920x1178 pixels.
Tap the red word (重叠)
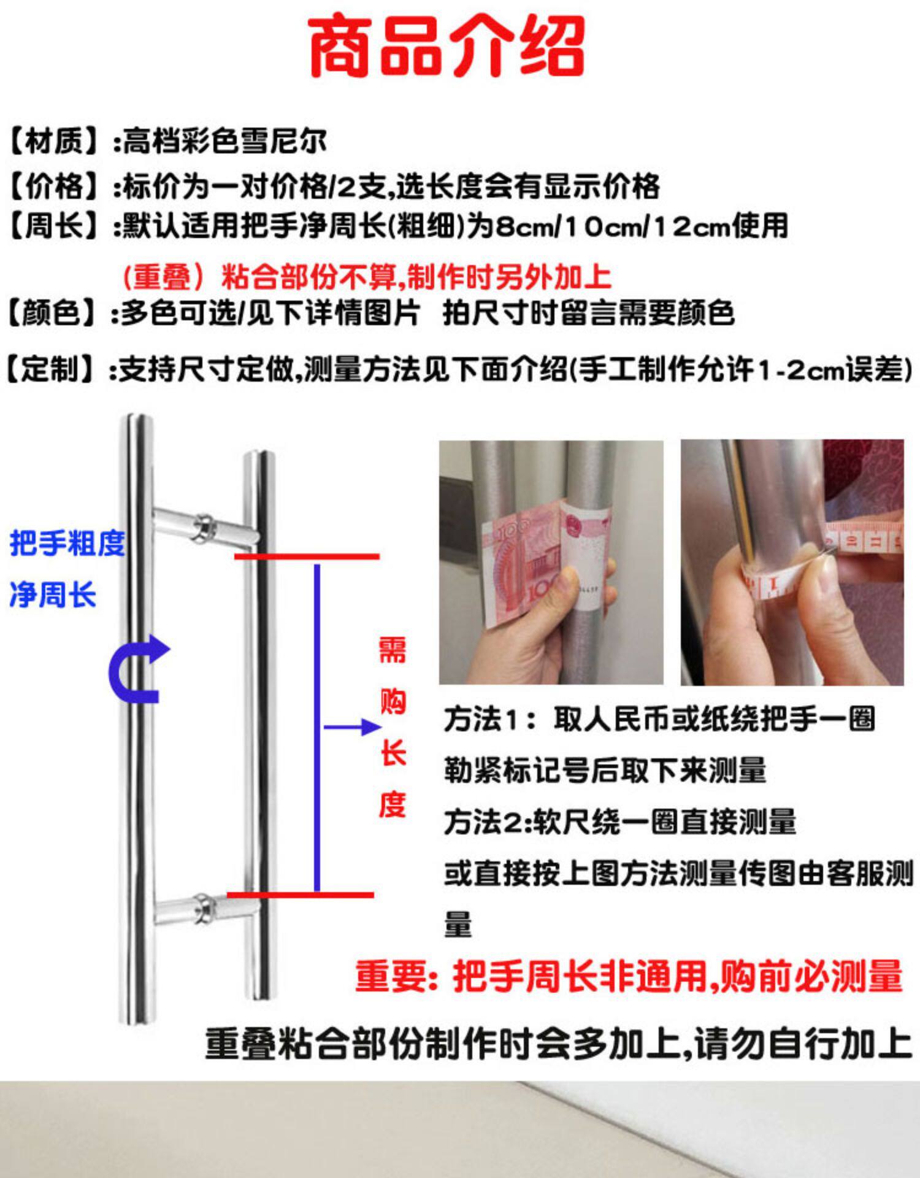click(x=163, y=277)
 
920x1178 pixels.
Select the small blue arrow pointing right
click(x=351, y=727)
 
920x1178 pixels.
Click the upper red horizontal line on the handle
click(x=307, y=556)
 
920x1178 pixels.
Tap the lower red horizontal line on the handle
click(x=300, y=895)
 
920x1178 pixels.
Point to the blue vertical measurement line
click(x=317, y=728)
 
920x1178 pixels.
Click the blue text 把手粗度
click(x=67, y=544)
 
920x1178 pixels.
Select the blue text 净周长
click(x=53, y=595)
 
